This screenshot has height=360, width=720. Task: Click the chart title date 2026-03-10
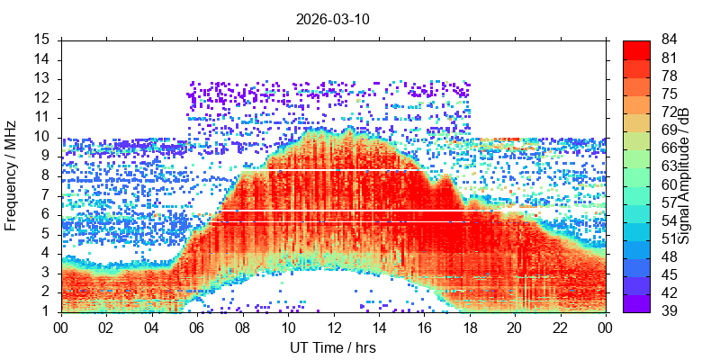[x=332, y=20]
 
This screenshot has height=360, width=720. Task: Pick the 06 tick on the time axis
[x=197, y=328]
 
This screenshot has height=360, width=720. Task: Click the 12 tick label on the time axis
[x=334, y=328]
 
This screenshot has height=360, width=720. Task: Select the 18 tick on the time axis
[x=470, y=328]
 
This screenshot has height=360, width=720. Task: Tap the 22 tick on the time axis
[x=561, y=328]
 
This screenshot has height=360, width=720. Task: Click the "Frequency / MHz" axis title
[x=10, y=175]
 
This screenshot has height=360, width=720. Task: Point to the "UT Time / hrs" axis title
[x=333, y=348]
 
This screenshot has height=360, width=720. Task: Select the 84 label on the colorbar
[x=668, y=40]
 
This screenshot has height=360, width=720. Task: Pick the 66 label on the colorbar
[x=668, y=148]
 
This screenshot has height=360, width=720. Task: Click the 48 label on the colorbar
[x=668, y=256]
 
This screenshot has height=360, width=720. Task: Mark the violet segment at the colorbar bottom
[x=636, y=303]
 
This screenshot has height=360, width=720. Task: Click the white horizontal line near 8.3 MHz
[x=330, y=170]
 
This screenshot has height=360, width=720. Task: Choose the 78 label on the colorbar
[x=668, y=76]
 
